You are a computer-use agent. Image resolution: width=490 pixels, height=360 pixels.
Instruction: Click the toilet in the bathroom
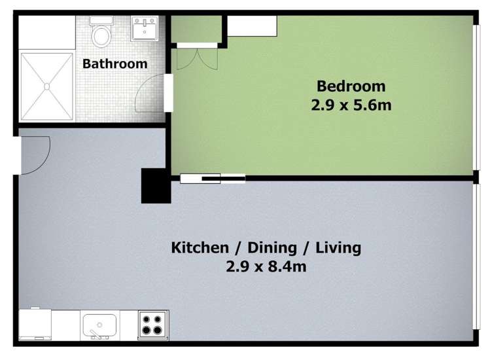[x=101, y=34]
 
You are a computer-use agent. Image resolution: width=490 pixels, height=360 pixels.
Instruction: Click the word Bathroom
[x=114, y=64]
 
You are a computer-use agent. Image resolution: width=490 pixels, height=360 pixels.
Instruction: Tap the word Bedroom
[x=351, y=86]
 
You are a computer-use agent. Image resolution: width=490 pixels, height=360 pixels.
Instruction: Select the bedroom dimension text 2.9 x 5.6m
[x=351, y=104]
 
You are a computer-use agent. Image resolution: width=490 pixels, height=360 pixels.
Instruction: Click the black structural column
[x=156, y=186]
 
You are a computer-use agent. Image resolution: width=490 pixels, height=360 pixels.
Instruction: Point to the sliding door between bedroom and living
[x=213, y=177]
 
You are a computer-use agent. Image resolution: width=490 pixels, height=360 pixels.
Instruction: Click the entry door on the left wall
[x=35, y=154]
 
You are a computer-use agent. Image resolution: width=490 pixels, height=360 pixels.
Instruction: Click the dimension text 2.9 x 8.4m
[x=266, y=266]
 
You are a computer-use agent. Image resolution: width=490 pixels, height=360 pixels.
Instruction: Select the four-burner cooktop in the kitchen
[x=153, y=324]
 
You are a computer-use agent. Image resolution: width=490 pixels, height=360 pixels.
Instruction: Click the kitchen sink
[x=99, y=324]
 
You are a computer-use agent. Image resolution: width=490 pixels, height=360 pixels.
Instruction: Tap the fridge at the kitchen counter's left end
[x=35, y=323]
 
